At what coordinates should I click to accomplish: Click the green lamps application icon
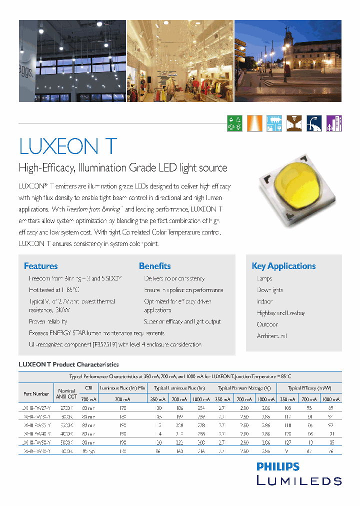[235, 123]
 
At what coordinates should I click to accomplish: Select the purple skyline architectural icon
[334, 123]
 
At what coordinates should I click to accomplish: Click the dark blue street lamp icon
[314, 123]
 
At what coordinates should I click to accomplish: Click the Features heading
[40, 266]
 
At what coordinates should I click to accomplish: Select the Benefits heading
[154, 266]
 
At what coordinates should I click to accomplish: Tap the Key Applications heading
[283, 266]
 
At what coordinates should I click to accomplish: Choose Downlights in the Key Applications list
[269, 290]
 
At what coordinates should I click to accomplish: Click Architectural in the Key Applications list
[271, 336]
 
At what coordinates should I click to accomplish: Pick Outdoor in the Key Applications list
[267, 324]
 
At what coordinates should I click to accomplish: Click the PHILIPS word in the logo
[278, 467]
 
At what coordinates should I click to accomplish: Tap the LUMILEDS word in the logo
[299, 480]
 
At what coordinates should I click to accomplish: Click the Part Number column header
[36, 394]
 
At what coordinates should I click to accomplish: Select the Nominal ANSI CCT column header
[66, 394]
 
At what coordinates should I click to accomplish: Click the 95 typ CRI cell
[88, 451]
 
